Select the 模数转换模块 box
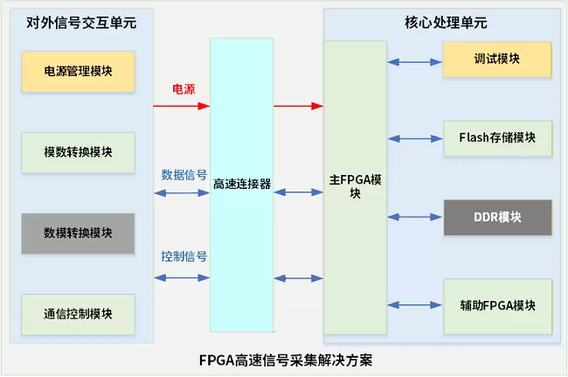pos(78,152)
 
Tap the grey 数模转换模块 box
pos(78,233)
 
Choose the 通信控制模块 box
pos(78,313)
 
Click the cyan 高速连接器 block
pos(241,185)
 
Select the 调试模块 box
pos(496,59)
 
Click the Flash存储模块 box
pos(496,137)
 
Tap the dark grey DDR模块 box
pos(496,216)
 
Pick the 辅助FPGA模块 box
pos(496,305)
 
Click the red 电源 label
pos(183,90)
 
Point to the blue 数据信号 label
pos(184,174)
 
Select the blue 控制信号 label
pos(184,256)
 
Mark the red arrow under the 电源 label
pos(182,106)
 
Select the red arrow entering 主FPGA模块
pos(298,106)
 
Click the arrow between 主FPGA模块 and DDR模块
pos(414,216)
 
